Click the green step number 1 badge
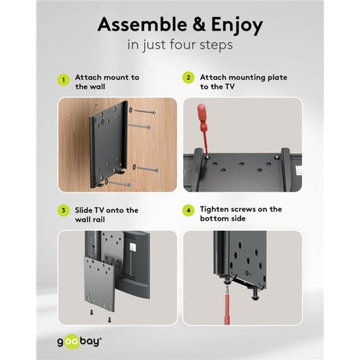63,80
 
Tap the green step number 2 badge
189,77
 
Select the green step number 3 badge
63,211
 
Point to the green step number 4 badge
189,211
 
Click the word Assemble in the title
142,24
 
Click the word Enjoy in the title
237,26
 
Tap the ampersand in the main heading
200,24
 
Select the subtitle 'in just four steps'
180,45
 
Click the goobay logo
79,342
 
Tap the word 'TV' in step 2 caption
229,87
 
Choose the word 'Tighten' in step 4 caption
214,210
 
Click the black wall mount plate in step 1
109,145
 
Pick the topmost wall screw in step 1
145,111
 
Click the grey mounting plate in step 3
99,283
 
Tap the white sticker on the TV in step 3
133,247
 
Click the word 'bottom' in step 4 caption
214,218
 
